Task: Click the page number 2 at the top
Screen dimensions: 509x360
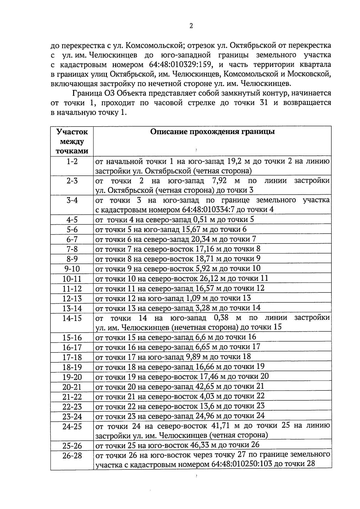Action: tap(191, 26)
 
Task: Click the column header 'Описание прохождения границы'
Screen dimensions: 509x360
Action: tap(212, 132)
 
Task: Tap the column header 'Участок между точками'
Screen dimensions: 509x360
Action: tap(72, 141)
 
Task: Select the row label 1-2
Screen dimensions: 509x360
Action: tap(72, 161)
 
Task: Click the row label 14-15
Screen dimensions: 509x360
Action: tap(72, 318)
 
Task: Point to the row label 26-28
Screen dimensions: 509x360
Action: tap(72, 456)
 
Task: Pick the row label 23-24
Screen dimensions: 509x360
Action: tap(72, 417)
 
